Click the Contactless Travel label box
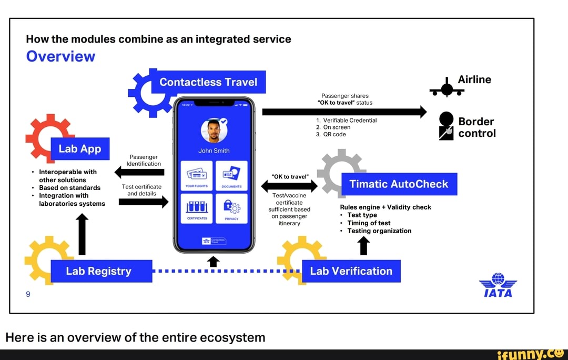pyautogui.click(x=208, y=82)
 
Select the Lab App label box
pyautogui.click(x=80, y=149)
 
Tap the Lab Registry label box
pyautogui.click(x=99, y=271)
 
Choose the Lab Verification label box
pyautogui.click(x=351, y=271)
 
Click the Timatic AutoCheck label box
pyautogui.click(x=400, y=184)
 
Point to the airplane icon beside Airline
pyautogui.click(x=447, y=89)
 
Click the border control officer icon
pyautogui.click(x=446, y=126)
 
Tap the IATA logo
pyautogui.click(x=498, y=285)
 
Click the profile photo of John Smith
pyautogui.click(x=214, y=131)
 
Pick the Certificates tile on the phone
pyautogui.click(x=197, y=208)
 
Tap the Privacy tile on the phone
pyautogui.click(x=231, y=208)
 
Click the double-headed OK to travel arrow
pyautogui.click(x=289, y=186)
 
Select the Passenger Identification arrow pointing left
pyautogui.click(x=140, y=172)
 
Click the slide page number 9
pyautogui.click(x=28, y=294)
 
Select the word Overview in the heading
pyautogui.click(x=60, y=56)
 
